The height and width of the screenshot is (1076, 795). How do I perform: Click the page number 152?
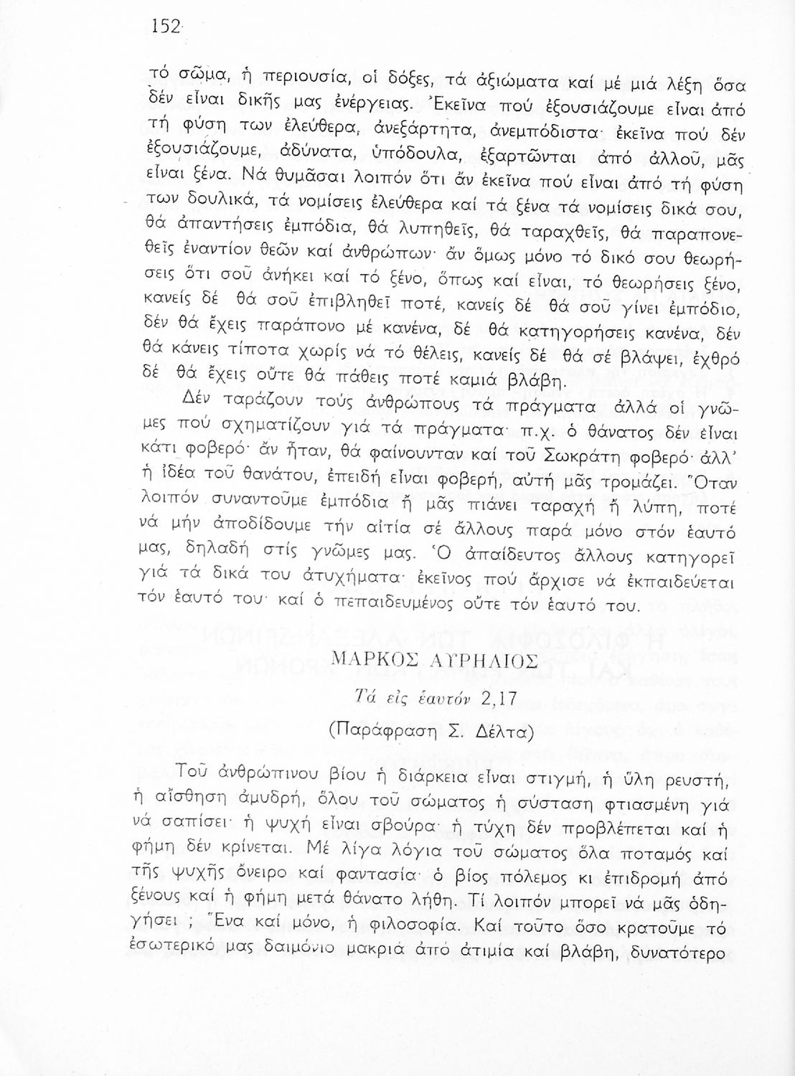click(164, 27)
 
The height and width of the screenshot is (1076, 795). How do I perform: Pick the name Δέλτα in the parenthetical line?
click(502, 733)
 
